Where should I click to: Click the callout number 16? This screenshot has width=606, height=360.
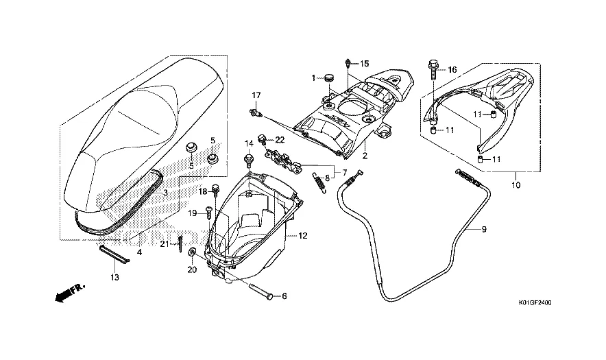coord(452,70)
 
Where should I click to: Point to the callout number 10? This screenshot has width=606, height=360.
coord(516,184)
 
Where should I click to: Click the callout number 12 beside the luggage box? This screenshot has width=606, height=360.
coord(303,236)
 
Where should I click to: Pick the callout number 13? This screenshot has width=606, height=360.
coord(114,277)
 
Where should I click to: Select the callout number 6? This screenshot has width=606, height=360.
coord(284,296)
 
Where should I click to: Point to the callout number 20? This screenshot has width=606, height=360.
coord(192,269)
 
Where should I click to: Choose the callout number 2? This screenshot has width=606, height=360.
coord(365,156)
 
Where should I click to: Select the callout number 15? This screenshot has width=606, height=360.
coord(365,64)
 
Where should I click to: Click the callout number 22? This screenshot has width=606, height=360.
coord(280,140)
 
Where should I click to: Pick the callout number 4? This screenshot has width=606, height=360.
coord(140,252)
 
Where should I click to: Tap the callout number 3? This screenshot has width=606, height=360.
coord(165,194)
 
